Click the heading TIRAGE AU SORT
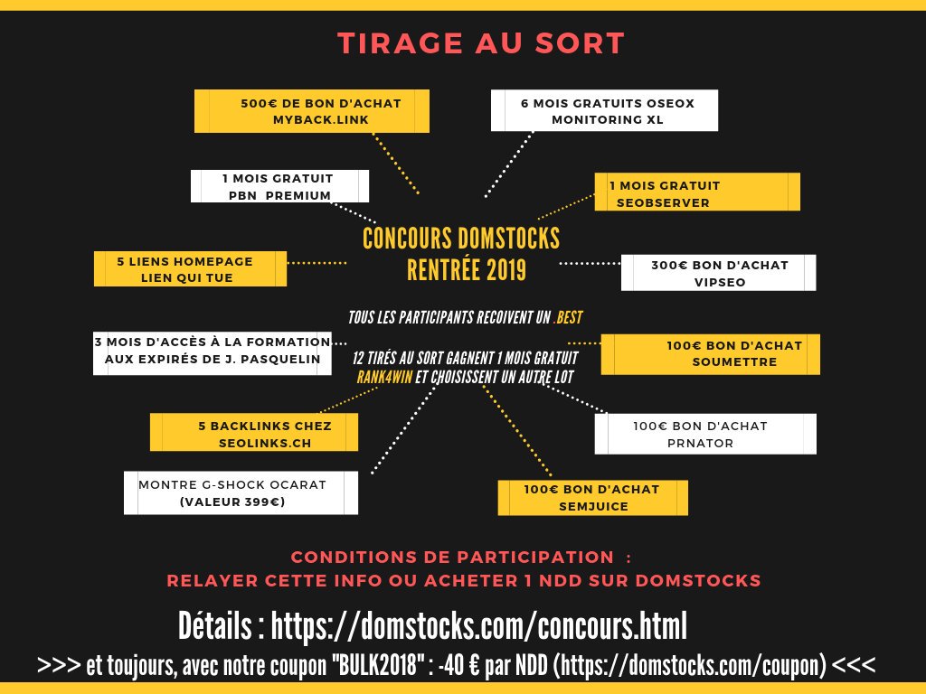click(x=480, y=42)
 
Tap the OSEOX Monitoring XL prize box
click(x=604, y=110)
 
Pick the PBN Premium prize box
click(x=279, y=186)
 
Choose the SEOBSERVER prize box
click(x=696, y=193)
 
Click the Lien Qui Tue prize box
click(x=190, y=269)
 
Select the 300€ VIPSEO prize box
click(x=718, y=272)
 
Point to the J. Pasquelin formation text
click(x=213, y=351)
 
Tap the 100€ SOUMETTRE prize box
click(x=710, y=353)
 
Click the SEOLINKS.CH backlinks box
click(x=254, y=433)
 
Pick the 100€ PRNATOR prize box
click(x=704, y=434)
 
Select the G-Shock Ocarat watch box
click(x=240, y=492)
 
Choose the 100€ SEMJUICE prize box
click(x=592, y=497)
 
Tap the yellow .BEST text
click(x=570, y=318)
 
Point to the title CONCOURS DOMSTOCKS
click(x=461, y=239)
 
